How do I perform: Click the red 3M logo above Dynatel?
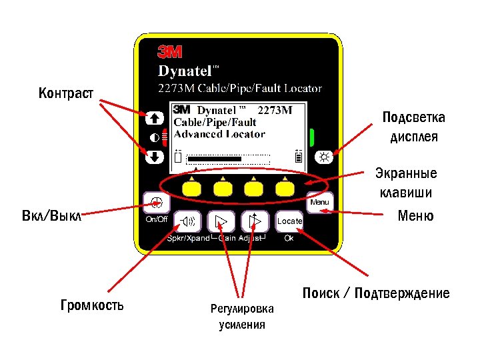[170, 53]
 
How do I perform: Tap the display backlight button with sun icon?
[325, 157]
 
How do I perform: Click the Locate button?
[289, 221]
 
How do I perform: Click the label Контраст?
[66, 92]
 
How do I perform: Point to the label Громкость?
[92, 306]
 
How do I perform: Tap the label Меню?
[415, 215]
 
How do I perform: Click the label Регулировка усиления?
[242, 317]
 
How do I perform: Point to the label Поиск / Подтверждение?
[376, 293]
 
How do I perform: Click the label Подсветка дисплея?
[414, 127]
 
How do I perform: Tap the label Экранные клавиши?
[409, 183]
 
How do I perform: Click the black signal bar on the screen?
[214, 159]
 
